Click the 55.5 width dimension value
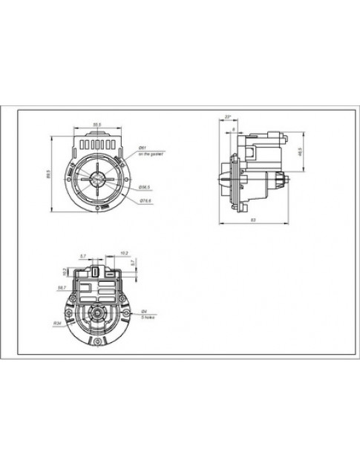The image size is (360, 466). click(x=96, y=123)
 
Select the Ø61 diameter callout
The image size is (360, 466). click(x=142, y=148)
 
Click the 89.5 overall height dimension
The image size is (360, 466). click(x=48, y=175)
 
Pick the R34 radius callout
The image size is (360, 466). click(x=57, y=324)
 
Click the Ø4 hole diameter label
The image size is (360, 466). click(x=144, y=311)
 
